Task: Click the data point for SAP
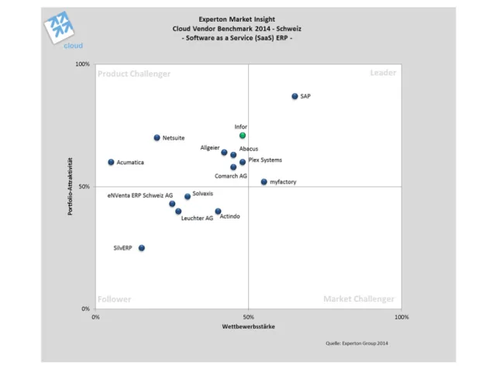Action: (x=294, y=96)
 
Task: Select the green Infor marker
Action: (x=243, y=136)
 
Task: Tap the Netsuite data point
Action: (x=157, y=138)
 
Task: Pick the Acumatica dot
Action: (x=111, y=162)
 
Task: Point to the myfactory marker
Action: (x=263, y=182)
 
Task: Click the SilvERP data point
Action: (x=141, y=248)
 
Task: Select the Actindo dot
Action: (x=218, y=211)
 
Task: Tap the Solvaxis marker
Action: (x=188, y=196)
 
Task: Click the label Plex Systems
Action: (x=265, y=160)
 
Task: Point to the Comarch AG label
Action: (x=231, y=176)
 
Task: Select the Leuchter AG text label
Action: (x=197, y=219)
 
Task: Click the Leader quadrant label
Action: (x=383, y=73)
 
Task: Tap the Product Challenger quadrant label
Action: (x=134, y=74)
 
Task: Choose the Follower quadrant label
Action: (x=115, y=299)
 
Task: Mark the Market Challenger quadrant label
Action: (x=359, y=299)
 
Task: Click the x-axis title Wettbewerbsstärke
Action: (x=248, y=326)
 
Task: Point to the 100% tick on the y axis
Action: (x=83, y=64)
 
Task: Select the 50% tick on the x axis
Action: (x=248, y=316)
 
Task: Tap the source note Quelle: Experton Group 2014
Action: (x=356, y=342)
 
